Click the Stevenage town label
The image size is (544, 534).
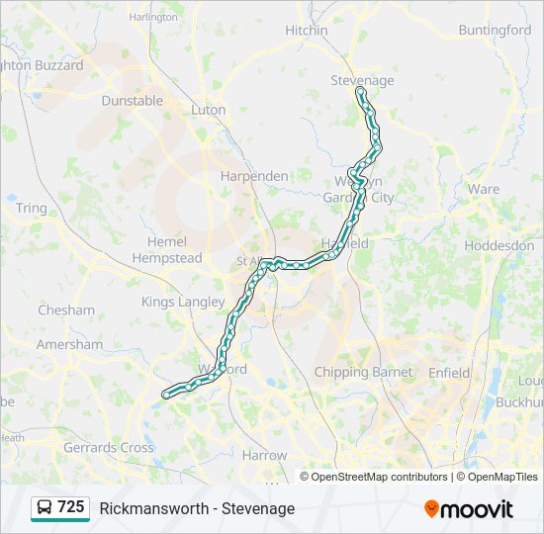(x=362, y=80)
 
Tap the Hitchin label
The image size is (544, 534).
(x=306, y=31)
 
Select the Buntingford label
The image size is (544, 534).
(x=496, y=31)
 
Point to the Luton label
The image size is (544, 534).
(x=209, y=110)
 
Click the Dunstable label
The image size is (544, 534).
(x=132, y=101)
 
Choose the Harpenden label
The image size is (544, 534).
(x=254, y=176)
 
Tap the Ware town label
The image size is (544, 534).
(x=484, y=189)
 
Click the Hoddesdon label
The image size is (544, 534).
(x=499, y=245)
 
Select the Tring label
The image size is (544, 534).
(x=31, y=209)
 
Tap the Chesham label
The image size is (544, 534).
(x=66, y=311)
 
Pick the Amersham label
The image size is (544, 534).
(x=69, y=345)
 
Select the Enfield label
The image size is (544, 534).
(x=452, y=372)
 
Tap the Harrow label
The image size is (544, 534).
(x=264, y=456)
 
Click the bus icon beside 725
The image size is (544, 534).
(x=45, y=507)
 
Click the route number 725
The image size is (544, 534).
(x=71, y=507)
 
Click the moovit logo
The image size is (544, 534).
(x=469, y=509)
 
